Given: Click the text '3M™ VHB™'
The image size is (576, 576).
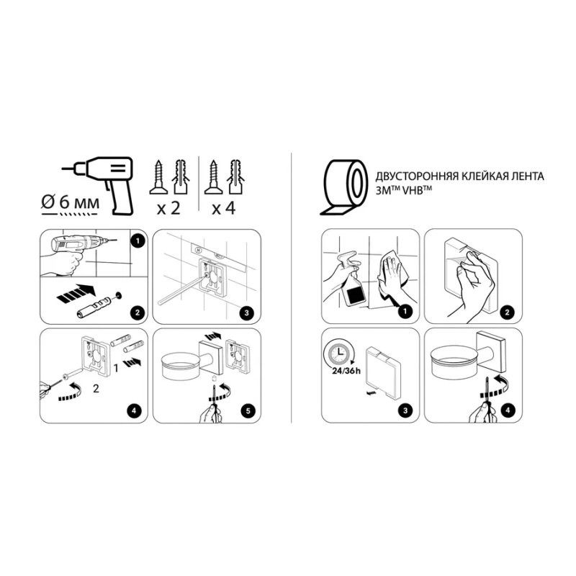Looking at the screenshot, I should [x=401, y=190].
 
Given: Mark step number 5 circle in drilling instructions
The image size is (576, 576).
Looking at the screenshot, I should [x=248, y=412].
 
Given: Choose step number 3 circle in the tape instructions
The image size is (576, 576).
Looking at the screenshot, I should [x=404, y=412].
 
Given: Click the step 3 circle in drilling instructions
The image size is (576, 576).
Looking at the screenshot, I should [x=248, y=313].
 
